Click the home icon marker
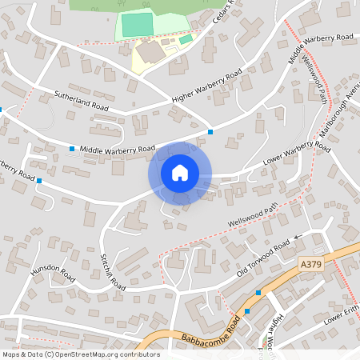(x=180, y=173)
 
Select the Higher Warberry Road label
(x=207, y=87)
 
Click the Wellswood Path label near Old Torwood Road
(x=252, y=212)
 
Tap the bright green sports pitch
(x=136, y=25)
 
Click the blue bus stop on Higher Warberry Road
(x=210, y=131)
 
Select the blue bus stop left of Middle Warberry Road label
(x=71, y=149)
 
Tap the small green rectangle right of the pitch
(x=186, y=39)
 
